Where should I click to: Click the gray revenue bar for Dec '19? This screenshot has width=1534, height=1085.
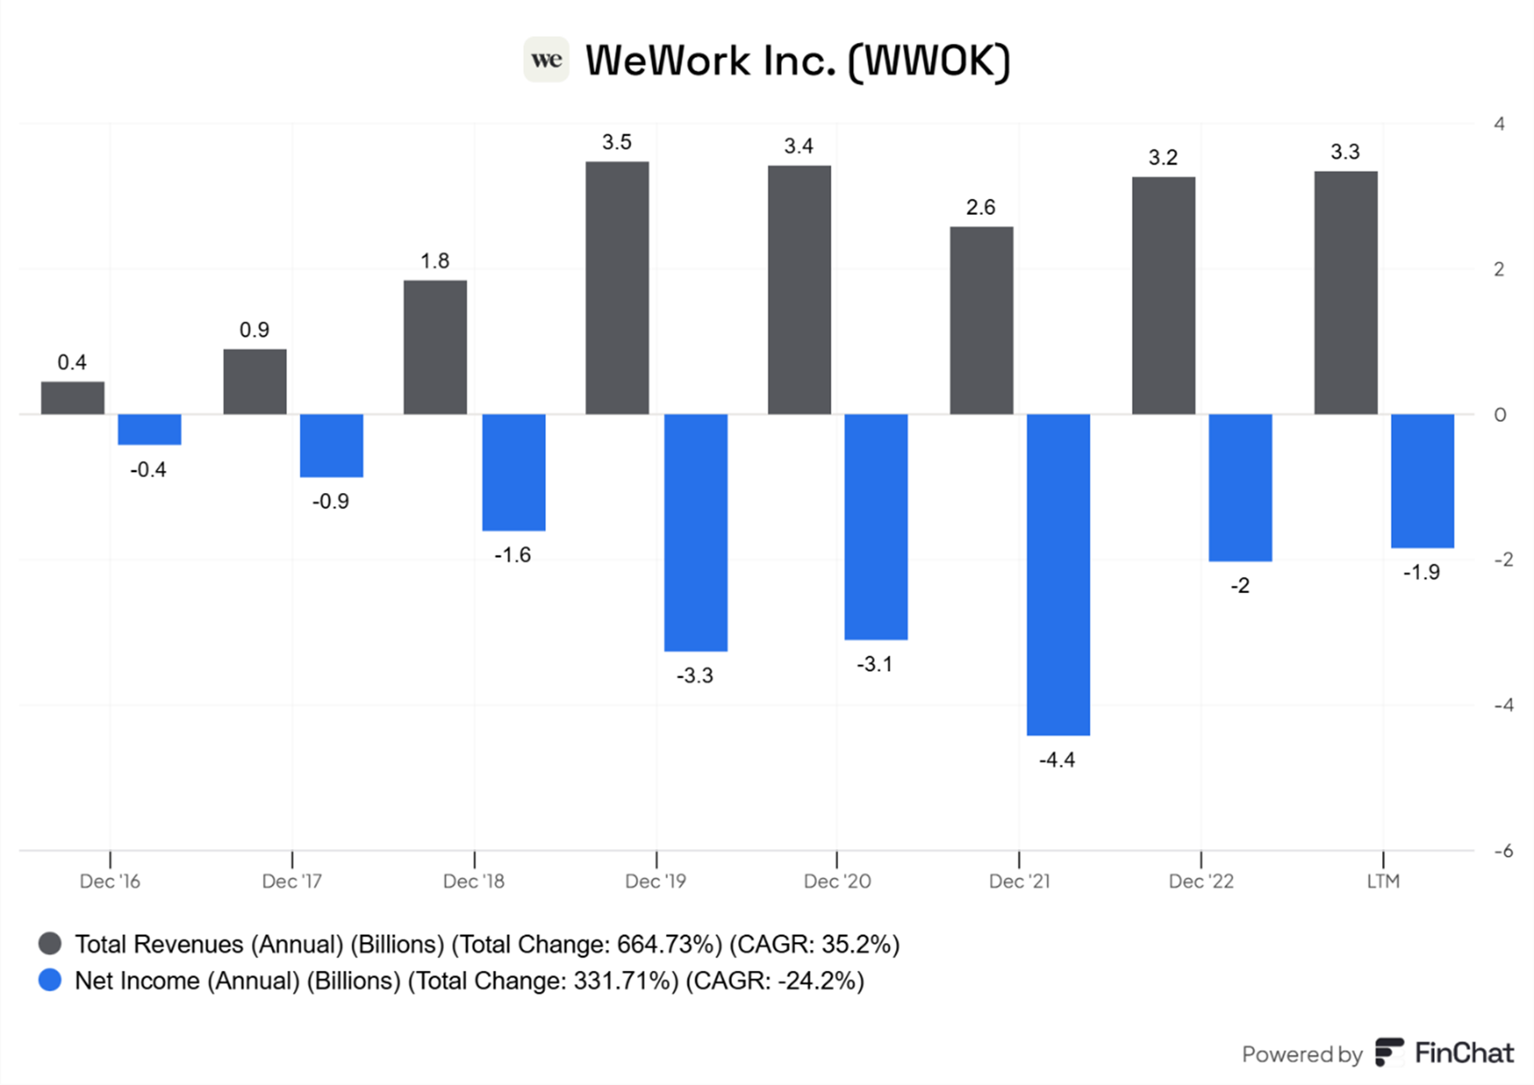pos(617,288)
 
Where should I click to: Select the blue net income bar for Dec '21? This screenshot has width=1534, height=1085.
pos(1058,574)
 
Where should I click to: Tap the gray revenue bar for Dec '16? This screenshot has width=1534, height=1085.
pos(73,398)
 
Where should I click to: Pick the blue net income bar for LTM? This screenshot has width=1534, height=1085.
pos(1422,480)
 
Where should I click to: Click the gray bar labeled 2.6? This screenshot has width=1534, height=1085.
pos(982,321)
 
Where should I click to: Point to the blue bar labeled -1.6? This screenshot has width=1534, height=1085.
pos(514,472)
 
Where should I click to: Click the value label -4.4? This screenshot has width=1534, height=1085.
pos(1056,760)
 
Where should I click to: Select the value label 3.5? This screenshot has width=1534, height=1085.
pos(616,142)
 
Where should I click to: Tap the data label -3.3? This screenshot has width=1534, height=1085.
pos(694,675)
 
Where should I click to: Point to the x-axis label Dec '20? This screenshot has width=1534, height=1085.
pos(837,881)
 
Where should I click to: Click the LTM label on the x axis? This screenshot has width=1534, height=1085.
pos(1383,881)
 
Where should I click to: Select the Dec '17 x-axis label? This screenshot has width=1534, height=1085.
pos(291,881)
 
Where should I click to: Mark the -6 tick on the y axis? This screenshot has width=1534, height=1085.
pos(1503,851)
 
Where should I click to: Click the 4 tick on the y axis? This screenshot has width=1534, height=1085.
pos(1499,124)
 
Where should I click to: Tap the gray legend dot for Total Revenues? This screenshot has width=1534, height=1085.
pos(50,944)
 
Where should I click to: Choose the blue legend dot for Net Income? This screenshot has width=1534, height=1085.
pos(50,980)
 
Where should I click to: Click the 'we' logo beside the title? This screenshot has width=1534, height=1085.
pos(547,60)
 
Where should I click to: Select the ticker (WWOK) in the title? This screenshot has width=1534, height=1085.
pos(929,61)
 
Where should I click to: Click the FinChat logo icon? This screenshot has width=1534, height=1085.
pos(1389,1052)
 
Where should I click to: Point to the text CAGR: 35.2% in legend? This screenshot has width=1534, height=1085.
pos(814,944)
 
